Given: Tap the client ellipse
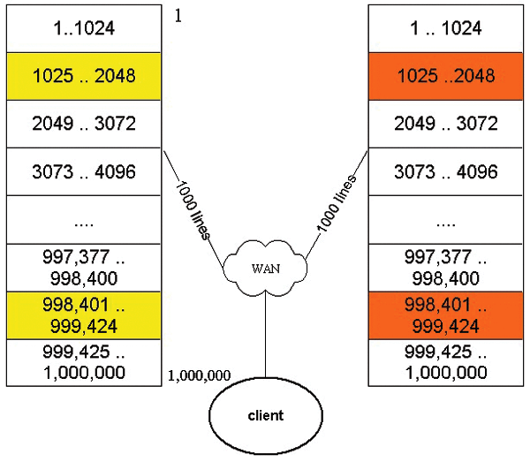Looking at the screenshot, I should pyautogui.click(x=266, y=415).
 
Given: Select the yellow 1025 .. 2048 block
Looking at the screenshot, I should pyautogui.click(x=84, y=75).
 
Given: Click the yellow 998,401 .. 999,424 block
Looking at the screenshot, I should pyautogui.click(x=84, y=314).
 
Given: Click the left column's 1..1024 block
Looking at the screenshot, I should pyautogui.click(x=84, y=27).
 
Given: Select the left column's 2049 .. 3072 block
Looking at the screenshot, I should pyautogui.click(x=84, y=123).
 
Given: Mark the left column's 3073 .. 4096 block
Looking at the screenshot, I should pyautogui.click(x=84, y=170).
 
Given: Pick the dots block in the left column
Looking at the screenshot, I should pyautogui.click(x=84, y=219).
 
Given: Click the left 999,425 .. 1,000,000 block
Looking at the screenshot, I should pyautogui.click(x=84, y=362).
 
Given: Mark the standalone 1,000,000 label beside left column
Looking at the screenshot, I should pyautogui.click(x=199, y=375).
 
